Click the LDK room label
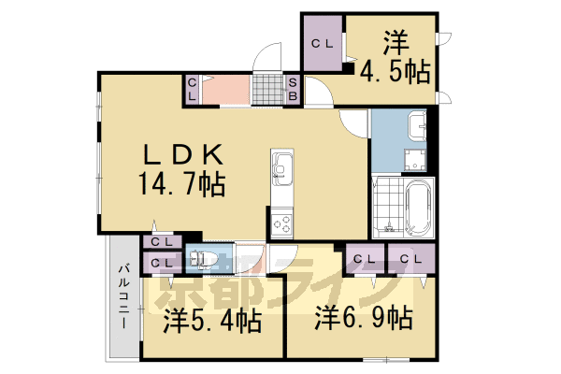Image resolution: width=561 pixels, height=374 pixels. coord(183,154)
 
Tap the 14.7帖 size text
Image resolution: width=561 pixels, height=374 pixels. coord(182,184)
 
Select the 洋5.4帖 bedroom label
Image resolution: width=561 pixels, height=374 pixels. coord(212,321)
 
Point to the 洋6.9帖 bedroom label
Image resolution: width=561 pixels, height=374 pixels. coord(364,318)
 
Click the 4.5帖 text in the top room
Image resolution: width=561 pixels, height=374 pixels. coord(395,72)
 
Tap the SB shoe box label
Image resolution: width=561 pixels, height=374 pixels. coord(293,89)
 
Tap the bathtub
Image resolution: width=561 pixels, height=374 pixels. coord(418,209)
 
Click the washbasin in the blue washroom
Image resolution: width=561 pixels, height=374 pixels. coord(417,125)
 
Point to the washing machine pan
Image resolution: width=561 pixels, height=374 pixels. coord(415,160)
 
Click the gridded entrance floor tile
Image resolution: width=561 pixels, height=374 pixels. coord(268,90)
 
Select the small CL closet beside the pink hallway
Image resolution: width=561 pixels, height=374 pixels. coord(192,90)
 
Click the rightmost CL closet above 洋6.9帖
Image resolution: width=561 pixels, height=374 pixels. coord(411,258)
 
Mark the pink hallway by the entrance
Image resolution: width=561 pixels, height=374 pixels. coord(226,90)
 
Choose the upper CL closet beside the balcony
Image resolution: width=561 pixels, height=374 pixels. coord(162,241)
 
